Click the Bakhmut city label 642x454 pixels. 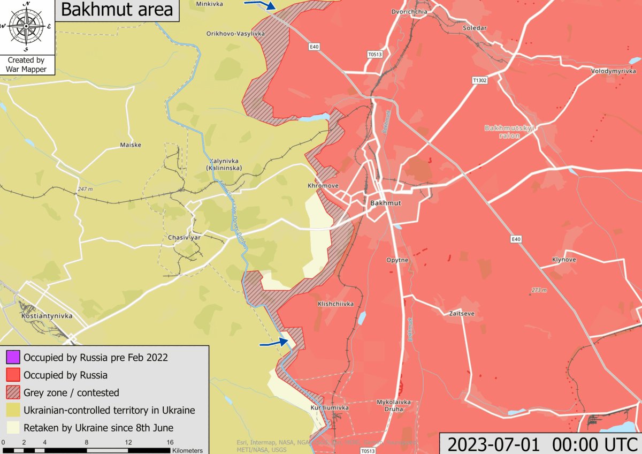[x=385, y=203]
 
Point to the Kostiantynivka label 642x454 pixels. [x=47, y=316]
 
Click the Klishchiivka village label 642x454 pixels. [x=335, y=304]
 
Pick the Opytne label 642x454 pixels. [x=397, y=260]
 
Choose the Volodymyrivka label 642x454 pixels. [x=613, y=71]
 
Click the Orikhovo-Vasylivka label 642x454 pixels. [x=235, y=34]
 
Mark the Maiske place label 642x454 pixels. [x=131, y=145]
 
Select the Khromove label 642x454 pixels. [x=323, y=186]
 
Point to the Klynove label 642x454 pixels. [x=564, y=260]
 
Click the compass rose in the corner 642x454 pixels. [x=26, y=26]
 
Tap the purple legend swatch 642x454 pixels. [x=13, y=357]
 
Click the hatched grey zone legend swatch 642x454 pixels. [x=13, y=392]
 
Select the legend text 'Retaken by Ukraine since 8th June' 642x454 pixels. [x=98, y=428]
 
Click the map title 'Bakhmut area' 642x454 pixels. [x=117, y=10]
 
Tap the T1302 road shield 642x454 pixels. [x=480, y=80]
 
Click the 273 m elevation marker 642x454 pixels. [x=538, y=291]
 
